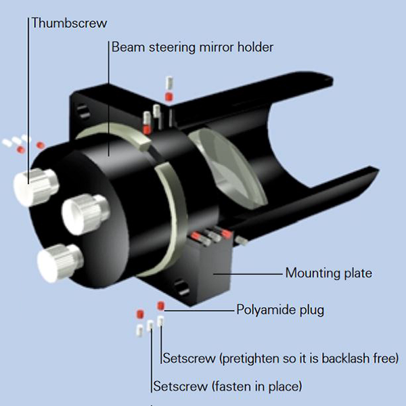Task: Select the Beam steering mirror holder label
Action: click(x=192, y=47)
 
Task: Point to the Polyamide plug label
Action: click(x=280, y=311)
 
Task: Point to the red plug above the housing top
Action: click(x=168, y=97)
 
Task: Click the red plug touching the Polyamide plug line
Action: click(x=161, y=306)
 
